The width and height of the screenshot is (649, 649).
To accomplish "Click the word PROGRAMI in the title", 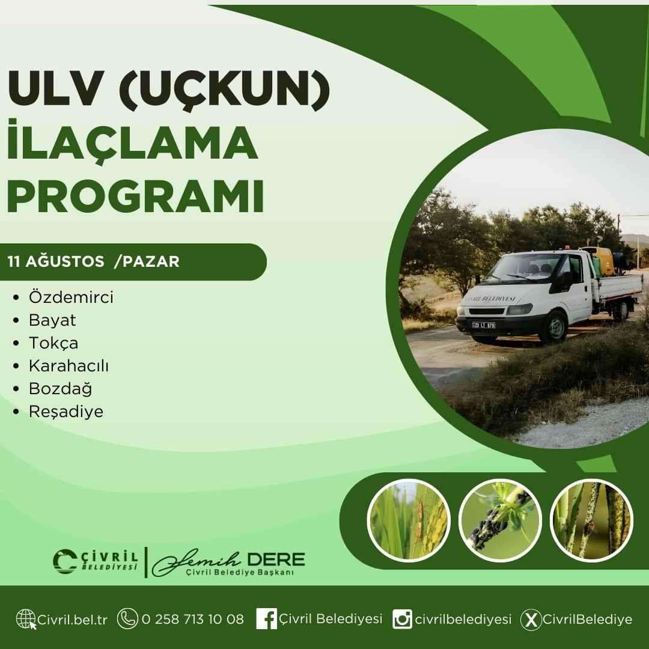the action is pyautogui.click(x=135, y=196).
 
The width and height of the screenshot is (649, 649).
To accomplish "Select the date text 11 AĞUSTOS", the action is pyautogui.click(x=56, y=261).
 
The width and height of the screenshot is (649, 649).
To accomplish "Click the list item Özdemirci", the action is pyautogui.click(x=71, y=297).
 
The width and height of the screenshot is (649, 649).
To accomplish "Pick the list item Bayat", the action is pyautogui.click(x=52, y=320).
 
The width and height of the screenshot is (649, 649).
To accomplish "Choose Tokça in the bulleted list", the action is pyautogui.click(x=53, y=343).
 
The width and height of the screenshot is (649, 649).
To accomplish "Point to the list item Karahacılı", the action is pyautogui.click(x=69, y=365).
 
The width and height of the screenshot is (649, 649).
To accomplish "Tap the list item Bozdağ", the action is pyautogui.click(x=61, y=389).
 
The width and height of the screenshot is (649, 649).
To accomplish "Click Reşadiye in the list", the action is pyautogui.click(x=66, y=412).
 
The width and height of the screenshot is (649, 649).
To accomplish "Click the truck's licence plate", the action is pyautogui.click(x=484, y=325).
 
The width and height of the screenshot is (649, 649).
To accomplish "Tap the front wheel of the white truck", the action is pyautogui.click(x=554, y=326).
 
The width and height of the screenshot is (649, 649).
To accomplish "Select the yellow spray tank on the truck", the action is pyautogui.click(x=599, y=261).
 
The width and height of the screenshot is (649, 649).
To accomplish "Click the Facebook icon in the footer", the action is pyautogui.click(x=266, y=619).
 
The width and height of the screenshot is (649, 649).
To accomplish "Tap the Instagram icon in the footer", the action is pyautogui.click(x=402, y=619).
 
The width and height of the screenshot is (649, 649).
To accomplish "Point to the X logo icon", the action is pyautogui.click(x=531, y=620).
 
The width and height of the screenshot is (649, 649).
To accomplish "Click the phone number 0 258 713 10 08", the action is pyautogui.click(x=193, y=619).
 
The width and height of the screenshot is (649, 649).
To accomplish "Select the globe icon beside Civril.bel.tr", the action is pyautogui.click(x=26, y=619).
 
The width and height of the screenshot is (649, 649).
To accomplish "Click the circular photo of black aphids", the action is pyautogui.click(x=500, y=520).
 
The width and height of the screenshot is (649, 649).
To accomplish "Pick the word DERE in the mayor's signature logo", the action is pyautogui.click(x=276, y=559).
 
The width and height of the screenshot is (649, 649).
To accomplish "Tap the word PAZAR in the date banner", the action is pyautogui.click(x=151, y=261).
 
